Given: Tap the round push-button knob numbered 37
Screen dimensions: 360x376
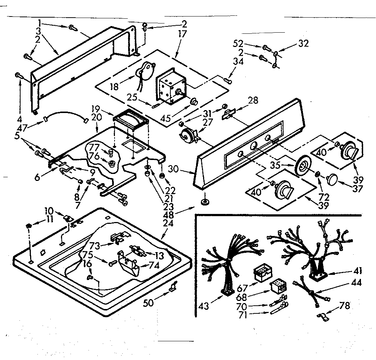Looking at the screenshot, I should tap(332, 180).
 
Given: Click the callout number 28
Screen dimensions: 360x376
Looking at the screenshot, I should tap(253, 100).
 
